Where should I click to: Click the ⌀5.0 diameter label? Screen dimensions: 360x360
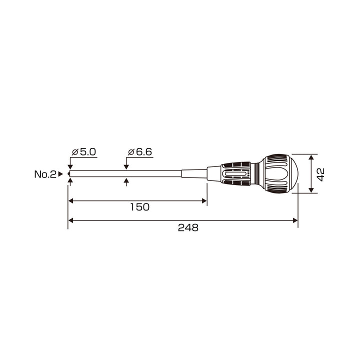click(84, 152)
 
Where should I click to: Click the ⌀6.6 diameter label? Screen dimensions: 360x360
click(140, 152)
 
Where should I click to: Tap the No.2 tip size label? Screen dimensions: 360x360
click(45, 174)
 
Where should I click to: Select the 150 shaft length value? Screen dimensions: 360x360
click(140, 207)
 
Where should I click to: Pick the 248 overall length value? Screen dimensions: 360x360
click(188, 228)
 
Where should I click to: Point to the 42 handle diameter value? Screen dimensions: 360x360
click(320, 174)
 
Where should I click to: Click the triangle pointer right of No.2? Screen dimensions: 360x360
click(60, 174)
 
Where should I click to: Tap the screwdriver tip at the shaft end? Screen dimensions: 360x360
click(68, 174)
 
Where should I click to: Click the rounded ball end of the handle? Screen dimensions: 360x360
click(292, 173)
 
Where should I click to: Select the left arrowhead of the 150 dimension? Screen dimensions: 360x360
click(70, 201)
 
